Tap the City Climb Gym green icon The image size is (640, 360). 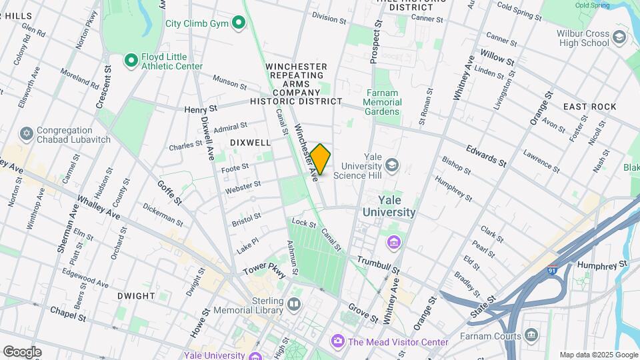pyautogui.click(x=239, y=24)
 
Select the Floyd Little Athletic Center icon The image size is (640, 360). pyautogui.click(x=131, y=61)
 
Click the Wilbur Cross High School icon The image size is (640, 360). pyautogui.click(x=619, y=37)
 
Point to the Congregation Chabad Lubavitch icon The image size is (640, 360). pyautogui.click(x=27, y=135)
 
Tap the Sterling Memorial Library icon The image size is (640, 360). pyautogui.click(x=294, y=305)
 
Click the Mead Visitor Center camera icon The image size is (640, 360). pyautogui.click(x=338, y=342)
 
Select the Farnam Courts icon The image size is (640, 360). pyautogui.click(x=531, y=334)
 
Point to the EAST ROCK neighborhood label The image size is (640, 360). pyautogui.click(x=588, y=107)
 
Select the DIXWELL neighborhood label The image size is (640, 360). pyautogui.click(x=250, y=143)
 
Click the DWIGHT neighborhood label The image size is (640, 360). pyautogui.click(x=136, y=295)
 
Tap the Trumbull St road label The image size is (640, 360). pyautogui.click(x=377, y=265)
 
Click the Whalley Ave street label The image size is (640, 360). pyautogui.click(x=98, y=207)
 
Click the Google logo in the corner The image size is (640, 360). pyautogui.click(x=22, y=351)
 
